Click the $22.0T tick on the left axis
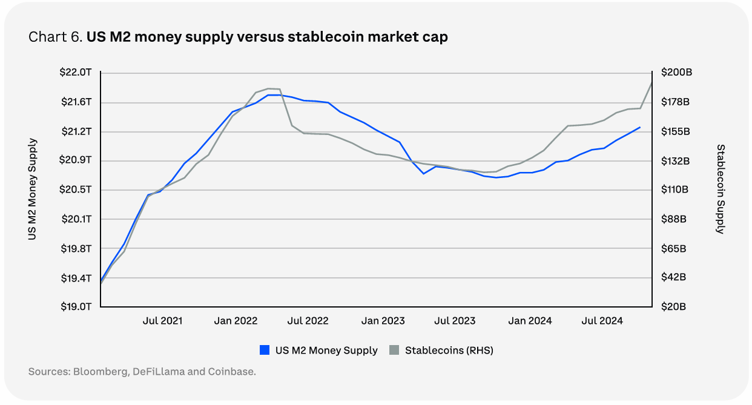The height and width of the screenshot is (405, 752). tap(76, 73)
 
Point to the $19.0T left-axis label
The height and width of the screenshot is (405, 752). tap(76, 307)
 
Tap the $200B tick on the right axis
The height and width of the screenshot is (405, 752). tap(676, 73)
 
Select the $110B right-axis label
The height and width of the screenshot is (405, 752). tap(674, 189)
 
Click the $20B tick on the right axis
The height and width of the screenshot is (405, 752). tap(673, 307)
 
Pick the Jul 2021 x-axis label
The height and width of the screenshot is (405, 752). tap(162, 321)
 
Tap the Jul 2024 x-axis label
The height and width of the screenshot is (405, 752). tap(602, 321)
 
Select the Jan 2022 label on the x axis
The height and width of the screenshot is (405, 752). tap(236, 321)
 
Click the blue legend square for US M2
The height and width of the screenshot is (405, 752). tap(264, 350)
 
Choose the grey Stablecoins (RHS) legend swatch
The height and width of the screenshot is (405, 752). tap(394, 350)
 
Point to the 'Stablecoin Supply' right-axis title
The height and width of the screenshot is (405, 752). tap(721, 189)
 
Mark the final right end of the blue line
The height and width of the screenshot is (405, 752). tap(640, 127)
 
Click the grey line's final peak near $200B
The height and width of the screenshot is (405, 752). tap(651, 82)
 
